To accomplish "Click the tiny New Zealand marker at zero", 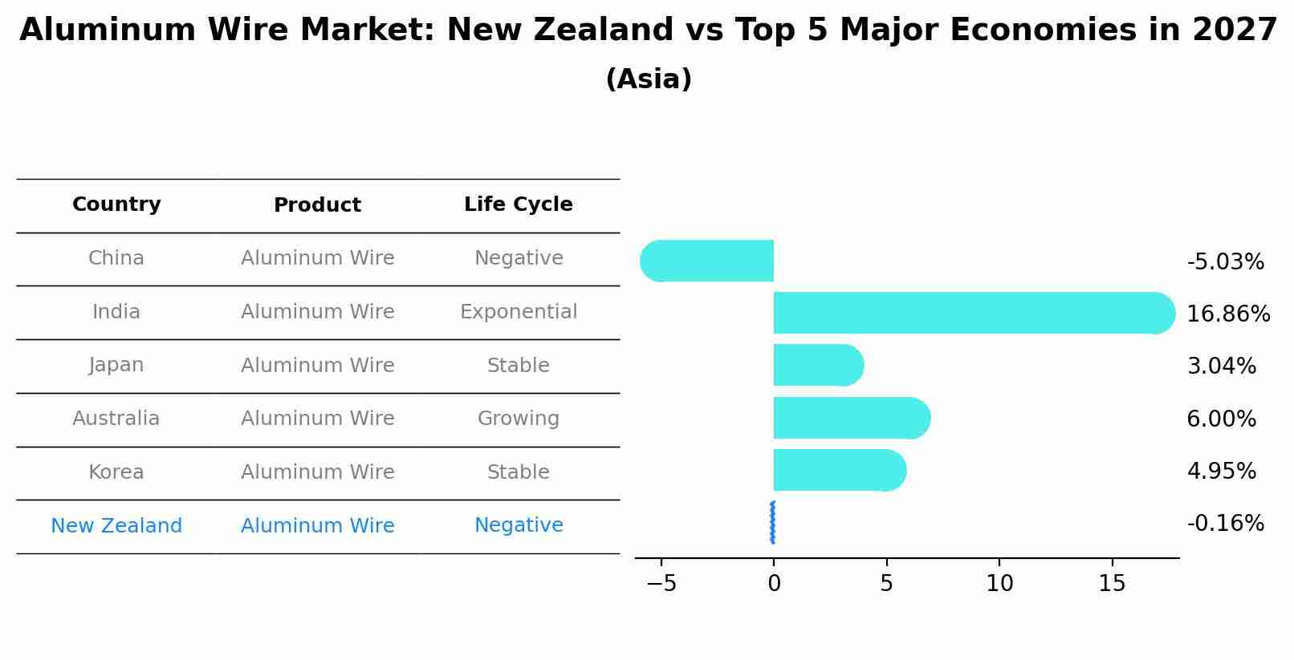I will (772, 523).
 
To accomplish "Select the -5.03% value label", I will (1225, 262).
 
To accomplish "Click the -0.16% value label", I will (1225, 524).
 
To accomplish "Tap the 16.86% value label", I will (1228, 314).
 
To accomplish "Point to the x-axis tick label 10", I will (999, 584).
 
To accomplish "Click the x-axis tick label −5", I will (661, 584).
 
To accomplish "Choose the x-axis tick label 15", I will (1112, 584).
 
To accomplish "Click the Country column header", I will (116, 204).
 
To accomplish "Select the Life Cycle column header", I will (519, 204).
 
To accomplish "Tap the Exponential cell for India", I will (519, 312).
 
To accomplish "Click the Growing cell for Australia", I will (519, 419).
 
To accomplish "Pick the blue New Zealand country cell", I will (116, 526).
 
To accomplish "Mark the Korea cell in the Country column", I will (116, 472).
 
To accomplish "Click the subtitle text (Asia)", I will (649, 79).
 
